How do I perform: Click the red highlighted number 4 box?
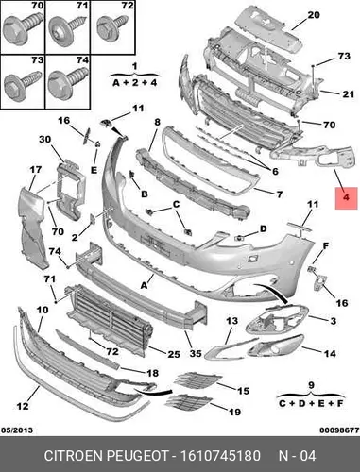pyautogui.click(x=346, y=198)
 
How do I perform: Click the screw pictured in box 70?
pyautogui.click(x=23, y=27)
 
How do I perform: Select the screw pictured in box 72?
pyautogui.click(x=111, y=27)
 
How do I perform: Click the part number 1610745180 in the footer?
pyautogui.click(x=220, y=456)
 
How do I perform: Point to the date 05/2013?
pyautogui.click(x=17, y=430)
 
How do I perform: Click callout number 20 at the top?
pyautogui.click(x=314, y=15)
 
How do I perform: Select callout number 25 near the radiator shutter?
pyautogui.click(x=174, y=354)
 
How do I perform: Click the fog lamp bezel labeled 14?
pyautogui.click(x=276, y=346)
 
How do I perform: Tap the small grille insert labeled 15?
pyautogui.click(x=197, y=379)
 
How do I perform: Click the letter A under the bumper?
pyautogui.click(x=144, y=286)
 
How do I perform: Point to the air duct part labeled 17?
pyautogui.click(x=33, y=228)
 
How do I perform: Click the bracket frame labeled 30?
pyautogui.click(x=70, y=189)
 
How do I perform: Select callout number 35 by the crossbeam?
pyautogui.click(x=196, y=353)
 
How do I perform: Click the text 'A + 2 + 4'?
pyautogui.click(x=135, y=83)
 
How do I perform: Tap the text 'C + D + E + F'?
pyautogui.click(x=311, y=403)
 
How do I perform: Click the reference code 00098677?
pyautogui.click(x=339, y=430)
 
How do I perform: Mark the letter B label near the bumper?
pyautogui.click(x=145, y=194)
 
